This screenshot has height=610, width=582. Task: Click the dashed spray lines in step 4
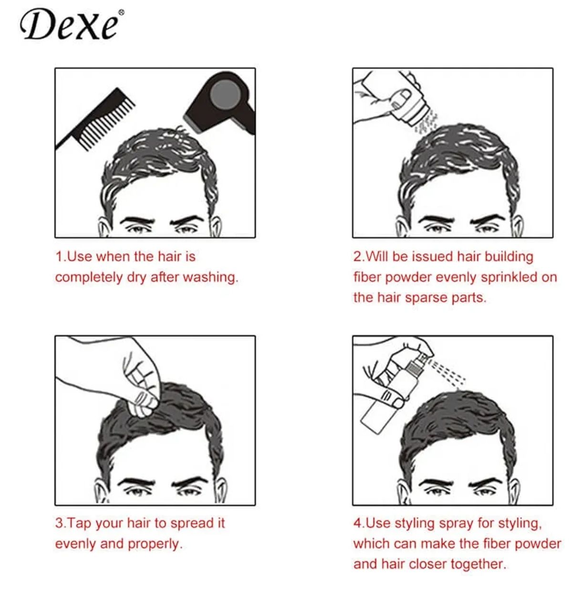tap(447, 372)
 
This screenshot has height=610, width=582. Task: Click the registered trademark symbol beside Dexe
tap(121, 12)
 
